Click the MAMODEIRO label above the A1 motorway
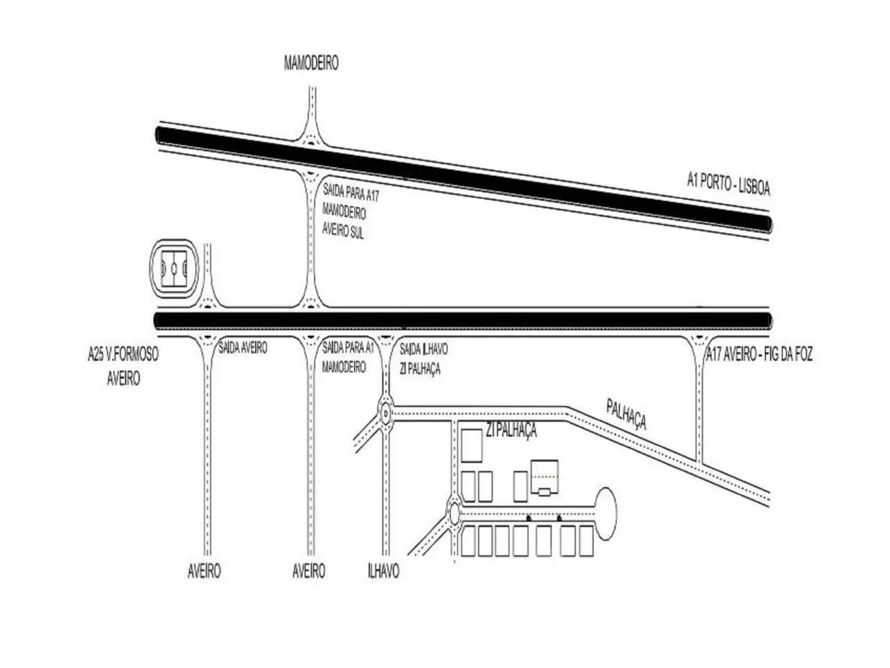311,63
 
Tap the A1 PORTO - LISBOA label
728,184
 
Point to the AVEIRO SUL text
343,232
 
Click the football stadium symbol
174,269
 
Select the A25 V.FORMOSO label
123,355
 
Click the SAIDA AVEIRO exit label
243,347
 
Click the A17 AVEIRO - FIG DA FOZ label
759,355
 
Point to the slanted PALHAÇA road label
626,413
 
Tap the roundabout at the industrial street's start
455,514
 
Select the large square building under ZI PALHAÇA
472,445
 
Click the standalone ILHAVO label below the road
383,571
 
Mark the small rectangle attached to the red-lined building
545,491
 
